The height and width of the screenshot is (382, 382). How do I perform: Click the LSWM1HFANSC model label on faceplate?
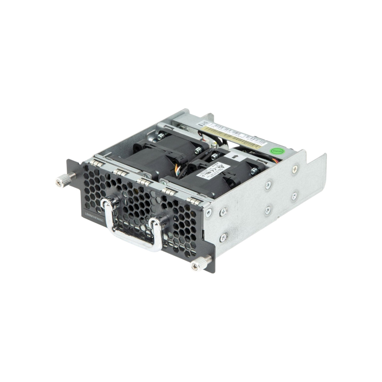coord(98,214)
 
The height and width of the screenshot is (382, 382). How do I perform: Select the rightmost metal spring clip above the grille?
coord(193,201)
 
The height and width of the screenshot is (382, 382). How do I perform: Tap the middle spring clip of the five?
coord(145,182)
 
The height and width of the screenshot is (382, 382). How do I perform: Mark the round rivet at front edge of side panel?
coord(207,212)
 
